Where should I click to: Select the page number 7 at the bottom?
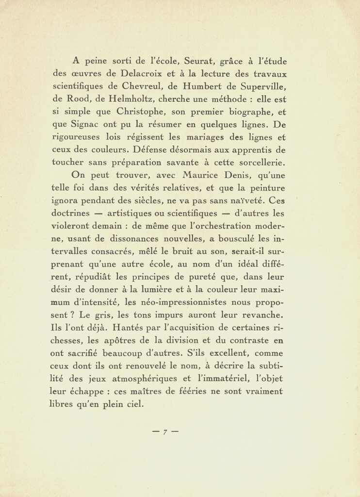click(165, 431)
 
